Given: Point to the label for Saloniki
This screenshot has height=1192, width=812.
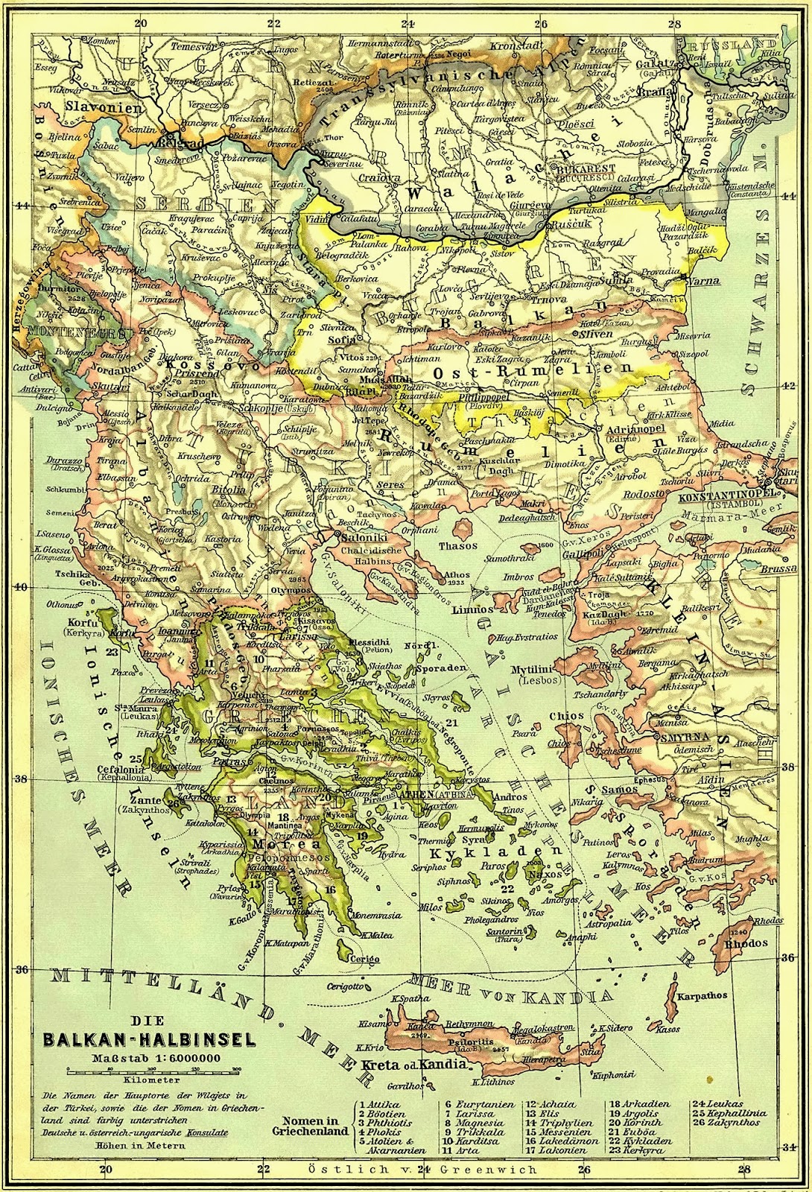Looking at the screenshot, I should (x=359, y=537).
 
